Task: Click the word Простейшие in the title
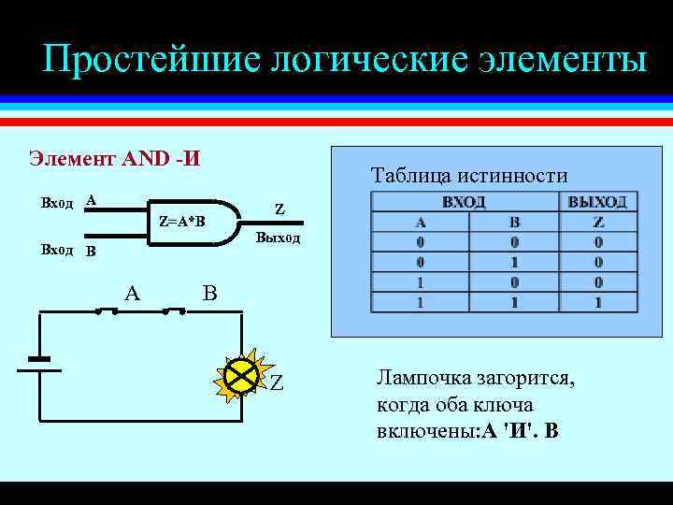tap(150, 60)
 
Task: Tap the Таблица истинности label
tap(469, 175)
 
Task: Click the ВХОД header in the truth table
tap(465, 202)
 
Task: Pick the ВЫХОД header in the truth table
tap(597, 202)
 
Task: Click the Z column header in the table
tap(598, 223)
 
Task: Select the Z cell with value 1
tap(598, 303)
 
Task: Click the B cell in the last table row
tap(513, 303)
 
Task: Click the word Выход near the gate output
tap(278, 238)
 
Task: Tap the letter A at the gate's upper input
tap(90, 200)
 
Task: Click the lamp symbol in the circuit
tap(243, 377)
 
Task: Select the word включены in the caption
tap(417, 431)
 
